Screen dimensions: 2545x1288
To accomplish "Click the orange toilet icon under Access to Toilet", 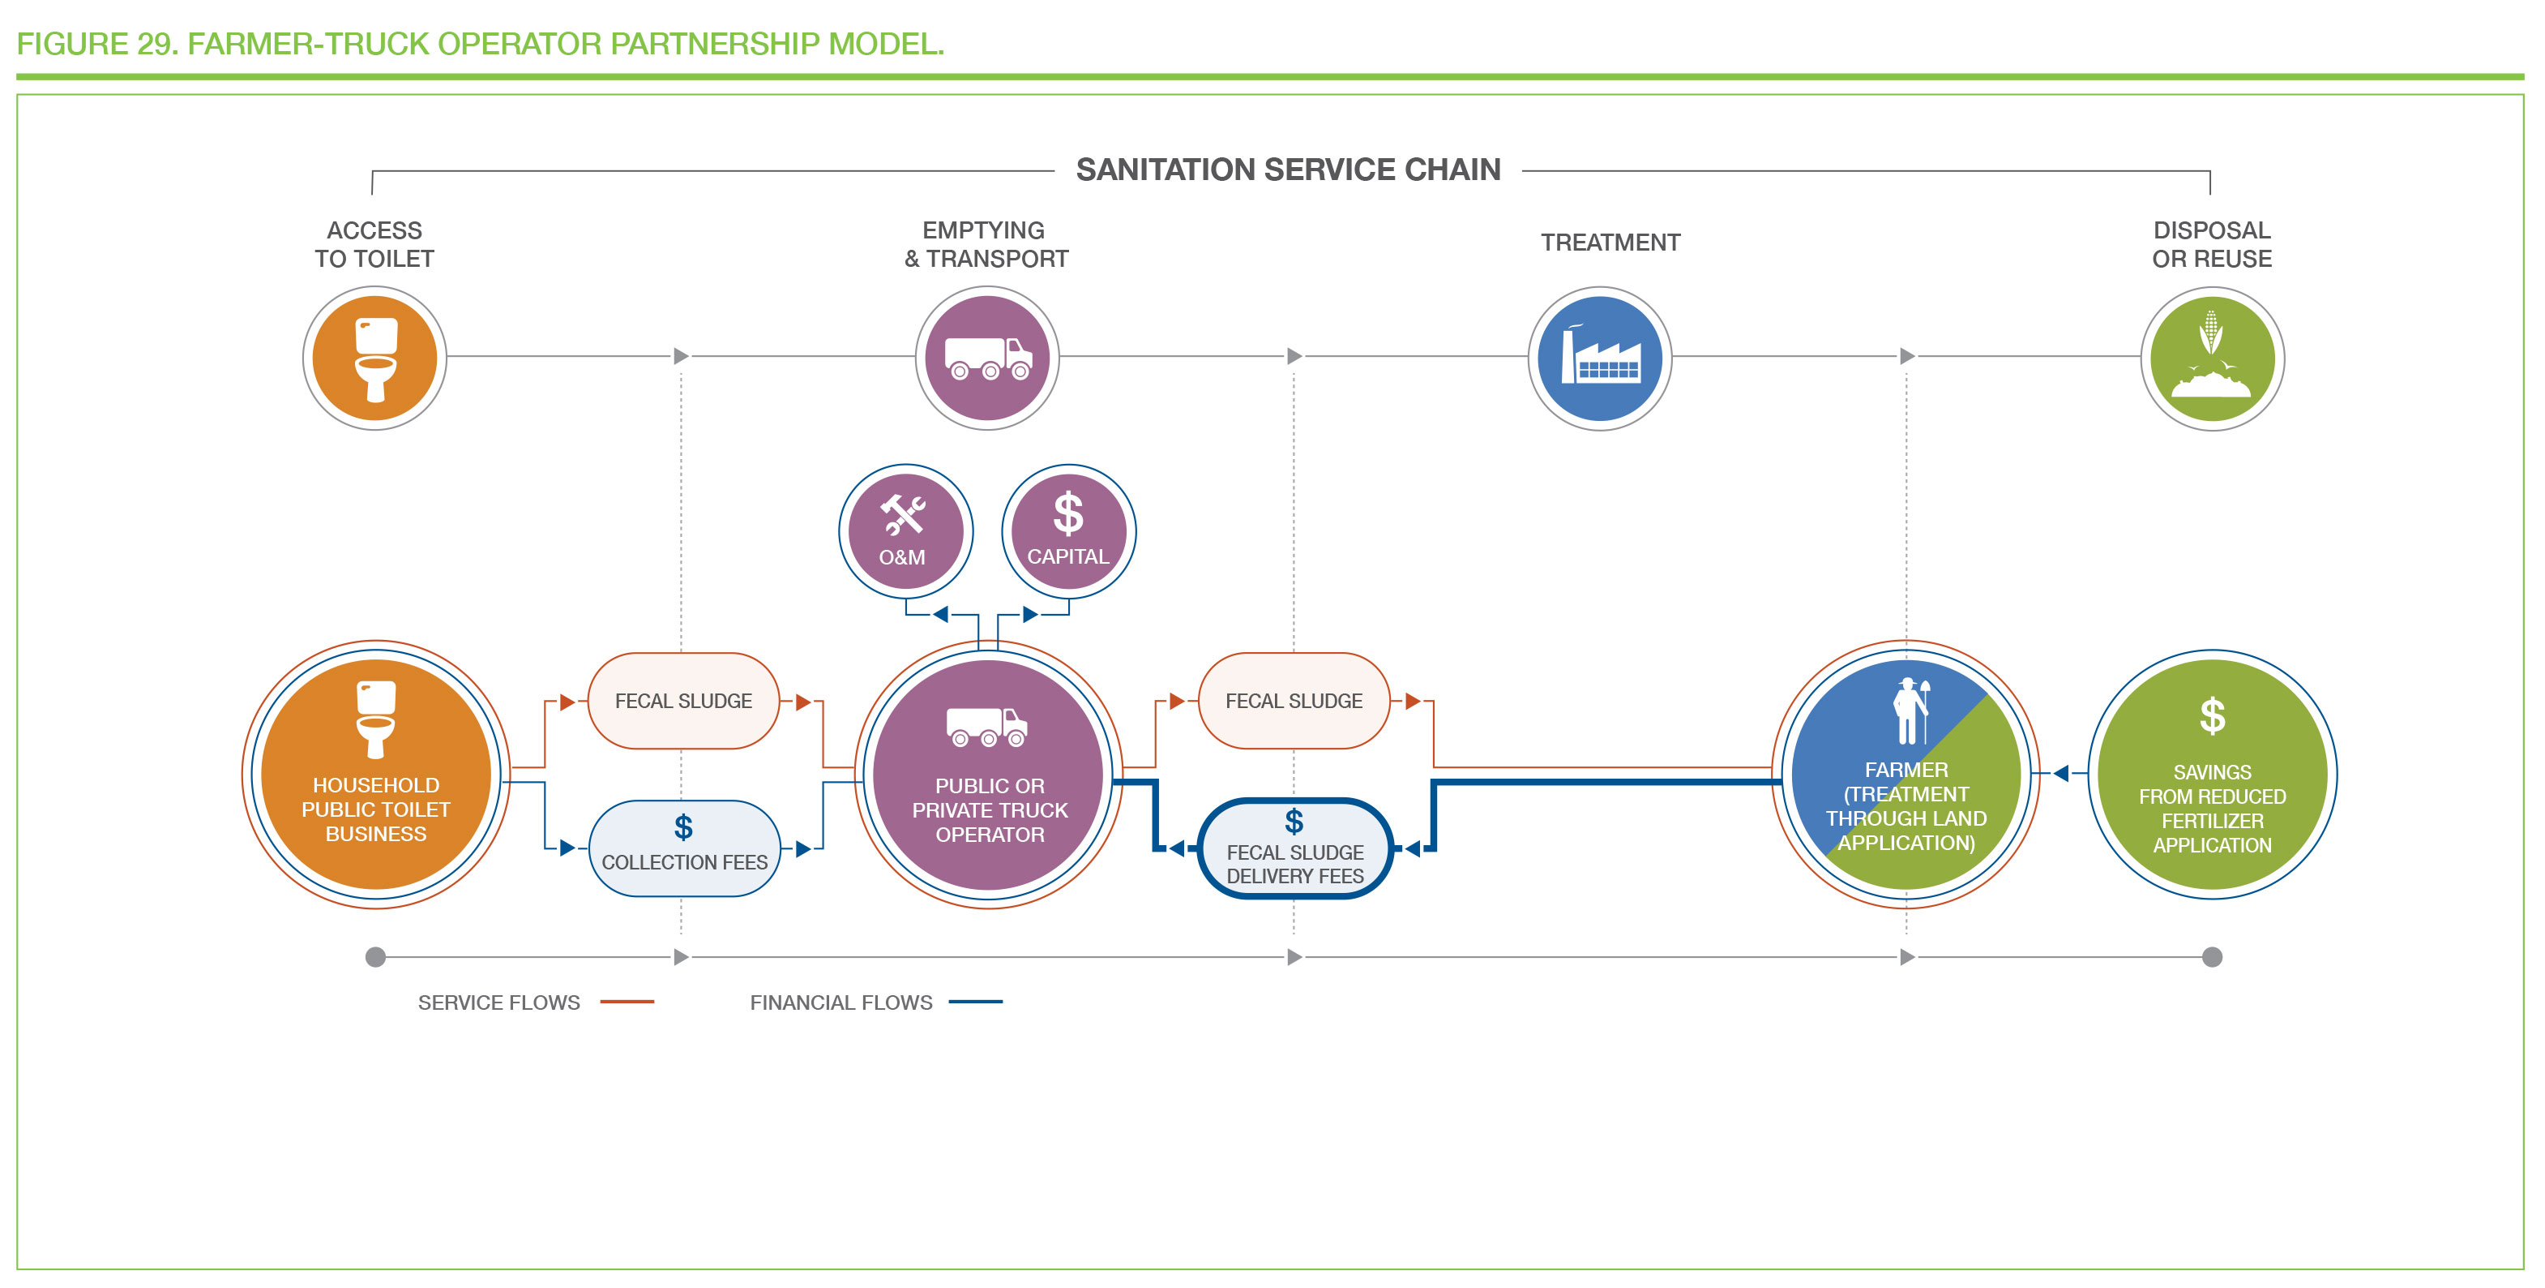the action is (x=374, y=358).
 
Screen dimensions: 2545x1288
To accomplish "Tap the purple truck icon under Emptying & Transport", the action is (x=987, y=358).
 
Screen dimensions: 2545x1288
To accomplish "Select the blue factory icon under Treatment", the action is (x=1599, y=358).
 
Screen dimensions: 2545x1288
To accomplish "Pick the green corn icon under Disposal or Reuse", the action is (x=2212, y=358).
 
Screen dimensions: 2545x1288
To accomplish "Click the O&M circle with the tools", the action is (x=905, y=530).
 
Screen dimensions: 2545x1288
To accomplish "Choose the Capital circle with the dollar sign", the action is (x=1068, y=530).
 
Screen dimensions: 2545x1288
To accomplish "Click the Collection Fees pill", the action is (x=684, y=848).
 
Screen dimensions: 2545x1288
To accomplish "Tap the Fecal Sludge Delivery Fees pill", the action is (x=1294, y=848).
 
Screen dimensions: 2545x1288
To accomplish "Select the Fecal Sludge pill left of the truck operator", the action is (x=684, y=701).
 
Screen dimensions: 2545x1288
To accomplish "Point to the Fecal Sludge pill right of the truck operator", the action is (x=1294, y=701).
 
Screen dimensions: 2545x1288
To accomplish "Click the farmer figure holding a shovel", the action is (x=1910, y=711).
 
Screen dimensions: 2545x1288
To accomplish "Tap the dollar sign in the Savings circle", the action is (x=2212, y=715).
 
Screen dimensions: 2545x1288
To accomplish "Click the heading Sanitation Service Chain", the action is (x=1289, y=170).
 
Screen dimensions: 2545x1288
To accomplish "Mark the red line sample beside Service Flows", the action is (x=627, y=1002).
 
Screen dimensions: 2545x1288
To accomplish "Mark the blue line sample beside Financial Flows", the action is (x=975, y=1002).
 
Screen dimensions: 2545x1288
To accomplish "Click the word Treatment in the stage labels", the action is (x=1610, y=243).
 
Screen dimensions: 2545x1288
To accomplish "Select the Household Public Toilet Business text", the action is (x=375, y=809).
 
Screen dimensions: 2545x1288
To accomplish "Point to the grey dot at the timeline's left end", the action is (x=375, y=956).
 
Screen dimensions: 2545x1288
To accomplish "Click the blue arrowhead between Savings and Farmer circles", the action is (x=2061, y=773).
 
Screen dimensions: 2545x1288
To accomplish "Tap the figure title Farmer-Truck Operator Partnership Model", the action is (x=480, y=44).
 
